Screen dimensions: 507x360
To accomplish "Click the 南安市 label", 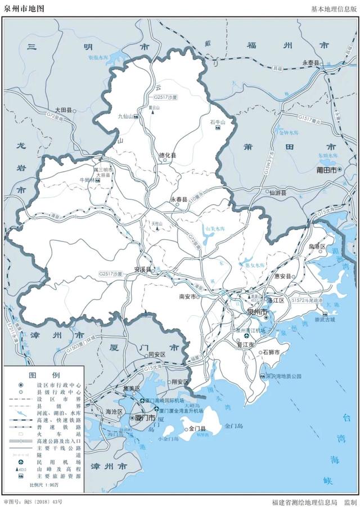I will [187, 297].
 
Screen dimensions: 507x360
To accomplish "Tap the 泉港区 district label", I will [318, 246].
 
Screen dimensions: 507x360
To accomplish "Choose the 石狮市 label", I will [272, 352].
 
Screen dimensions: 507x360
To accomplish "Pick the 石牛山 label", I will [217, 122].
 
